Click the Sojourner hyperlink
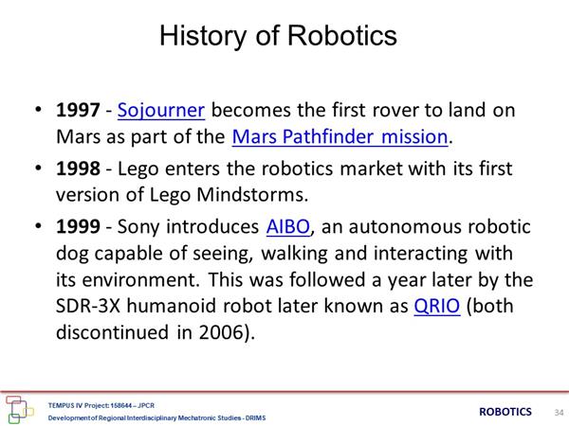[161, 111]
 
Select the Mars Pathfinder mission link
[340, 137]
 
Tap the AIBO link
[288, 227]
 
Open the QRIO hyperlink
[437, 306]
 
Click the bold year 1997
[78, 110]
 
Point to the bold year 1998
[78, 169]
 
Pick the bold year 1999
[78, 227]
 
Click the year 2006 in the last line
[221, 332]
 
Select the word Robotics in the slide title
[342, 36]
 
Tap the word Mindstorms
[252, 195]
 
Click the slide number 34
[559, 412]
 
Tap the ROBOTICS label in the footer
[505, 412]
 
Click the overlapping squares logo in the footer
[19, 410]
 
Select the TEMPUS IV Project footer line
[101, 405]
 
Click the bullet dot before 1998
[38, 168]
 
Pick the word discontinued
[112, 332]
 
